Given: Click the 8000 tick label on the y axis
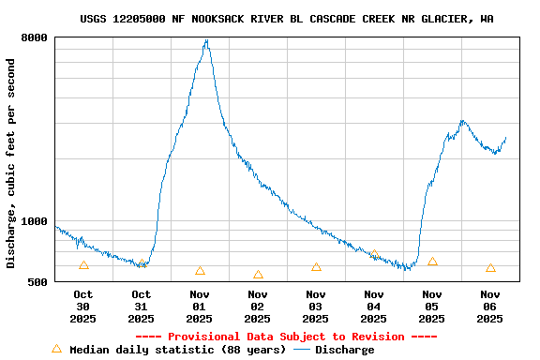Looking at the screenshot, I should [x=36, y=37].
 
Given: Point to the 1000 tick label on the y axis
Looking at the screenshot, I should [x=36, y=221].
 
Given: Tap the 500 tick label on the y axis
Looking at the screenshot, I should [x=38, y=281].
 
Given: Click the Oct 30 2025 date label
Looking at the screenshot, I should [x=82, y=307].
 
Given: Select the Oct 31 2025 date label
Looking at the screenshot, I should [x=141, y=307].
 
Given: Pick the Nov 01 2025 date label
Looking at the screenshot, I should [x=199, y=307].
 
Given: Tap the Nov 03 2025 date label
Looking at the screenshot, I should [x=315, y=307].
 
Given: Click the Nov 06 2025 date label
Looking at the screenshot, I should [x=489, y=307].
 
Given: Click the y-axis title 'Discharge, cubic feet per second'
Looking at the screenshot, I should [x=11, y=163].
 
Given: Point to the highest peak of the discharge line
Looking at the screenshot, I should [x=206, y=40].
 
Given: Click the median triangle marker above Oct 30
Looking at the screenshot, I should [x=83, y=266].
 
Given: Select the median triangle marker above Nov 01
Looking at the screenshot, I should [x=200, y=271].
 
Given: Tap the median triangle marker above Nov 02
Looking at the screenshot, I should [x=258, y=275].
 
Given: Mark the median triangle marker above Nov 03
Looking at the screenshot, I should [x=316, y=267].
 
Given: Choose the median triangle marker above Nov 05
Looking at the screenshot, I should [x=432, y=262].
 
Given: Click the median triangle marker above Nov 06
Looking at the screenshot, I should [x=490, y=268].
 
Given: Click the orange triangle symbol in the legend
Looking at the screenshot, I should [x=56, y=349].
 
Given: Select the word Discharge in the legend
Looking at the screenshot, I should [x=344, y=350].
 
